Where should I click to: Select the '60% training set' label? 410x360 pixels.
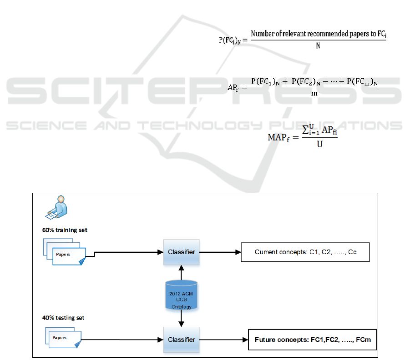[x=65, y=230]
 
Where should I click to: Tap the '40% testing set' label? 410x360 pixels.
[x=63, y=318]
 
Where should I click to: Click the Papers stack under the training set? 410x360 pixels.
[x=66, y=253]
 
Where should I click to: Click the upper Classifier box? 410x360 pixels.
[x=182, y=252]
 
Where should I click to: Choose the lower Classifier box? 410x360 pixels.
[x=182, y=340]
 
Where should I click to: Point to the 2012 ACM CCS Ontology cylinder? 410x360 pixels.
[x=182, y=296]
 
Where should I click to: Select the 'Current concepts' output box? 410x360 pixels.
[x=305, y=252]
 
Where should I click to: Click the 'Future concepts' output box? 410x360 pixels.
[x=312, y=340]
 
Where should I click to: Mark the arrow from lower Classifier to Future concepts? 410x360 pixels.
[x=223, y=340]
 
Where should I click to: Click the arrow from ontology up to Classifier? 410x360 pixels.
[x=182, y=273]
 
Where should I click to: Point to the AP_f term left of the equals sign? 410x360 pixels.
[x=233, y=88]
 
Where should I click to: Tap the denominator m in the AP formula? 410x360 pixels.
[x=314, y=94]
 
